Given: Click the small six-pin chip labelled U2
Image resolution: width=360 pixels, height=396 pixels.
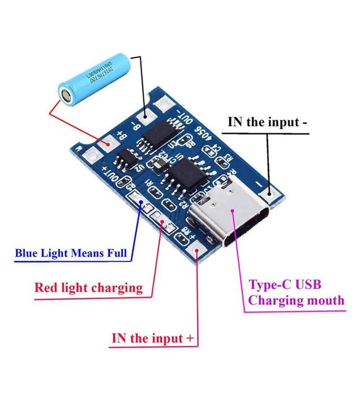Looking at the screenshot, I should coord(128,161).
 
